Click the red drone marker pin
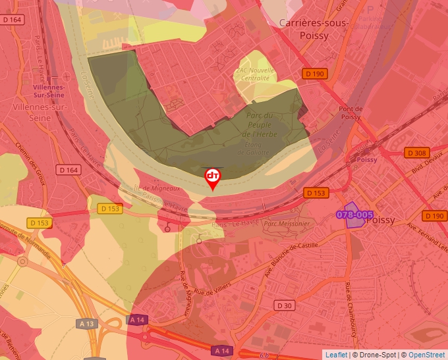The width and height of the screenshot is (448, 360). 212,177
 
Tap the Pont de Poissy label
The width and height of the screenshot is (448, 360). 350,113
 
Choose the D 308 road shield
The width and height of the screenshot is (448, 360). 416,153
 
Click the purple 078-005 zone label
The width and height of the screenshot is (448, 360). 354,215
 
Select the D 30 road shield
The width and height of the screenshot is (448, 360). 285,306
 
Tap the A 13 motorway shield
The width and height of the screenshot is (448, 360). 86,323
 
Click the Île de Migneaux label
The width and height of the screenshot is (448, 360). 155,188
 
